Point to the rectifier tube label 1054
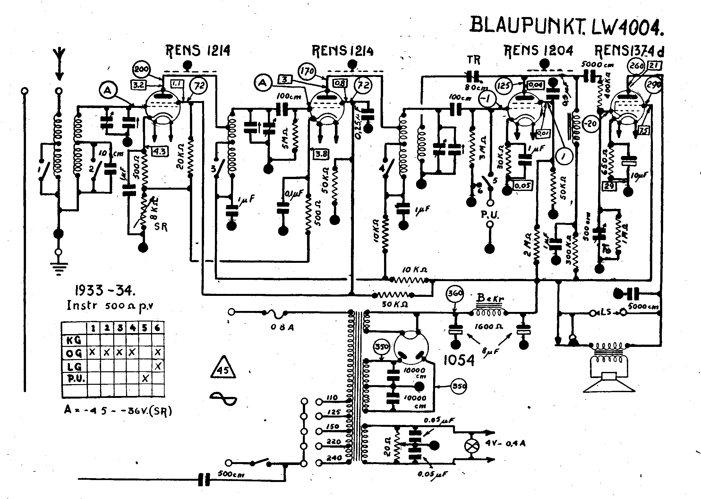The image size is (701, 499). pyautogui.click(x=458, y=361)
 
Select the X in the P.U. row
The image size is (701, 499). pyautogui.click(x=145, y=379)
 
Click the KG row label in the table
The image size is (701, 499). pyautogui.click(x=74, y=340)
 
